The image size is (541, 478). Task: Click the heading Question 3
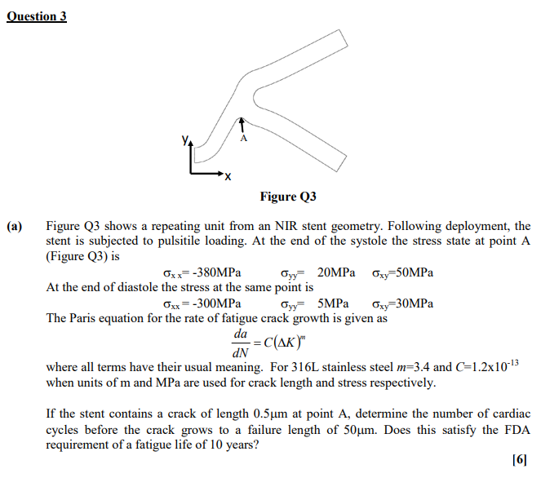click(37, 16)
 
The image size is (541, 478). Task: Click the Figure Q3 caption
click(288, 197)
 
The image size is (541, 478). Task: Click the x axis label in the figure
click(228, 176)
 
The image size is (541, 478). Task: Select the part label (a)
click(16, 226)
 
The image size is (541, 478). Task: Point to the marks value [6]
click(520, 460)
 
